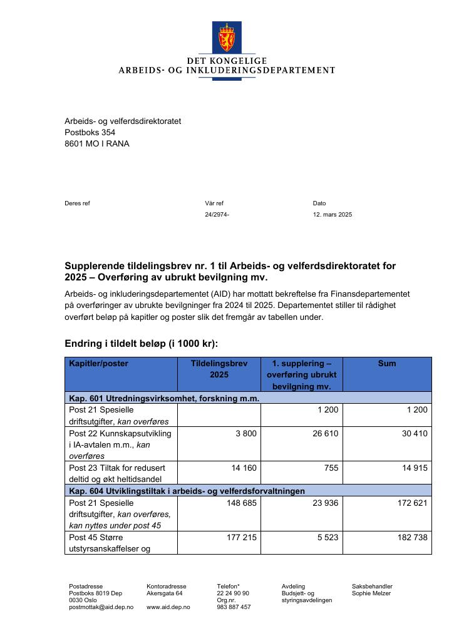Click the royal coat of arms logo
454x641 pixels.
click(x=227, y=38)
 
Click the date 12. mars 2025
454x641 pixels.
click(x=332, y=215)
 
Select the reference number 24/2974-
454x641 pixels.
click(x=217, y=215)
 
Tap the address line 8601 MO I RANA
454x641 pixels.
click(x=97, y=143)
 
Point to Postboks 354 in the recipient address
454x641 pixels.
click(x=90, y=132)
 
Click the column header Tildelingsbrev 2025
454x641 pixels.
click(x=219, y=369)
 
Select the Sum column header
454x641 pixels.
click(x=386, y=363)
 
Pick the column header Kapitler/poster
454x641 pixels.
click(x=98, y=363)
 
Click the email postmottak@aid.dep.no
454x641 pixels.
click(x=101, y=607)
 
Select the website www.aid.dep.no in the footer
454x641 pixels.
click(x=168, y=607)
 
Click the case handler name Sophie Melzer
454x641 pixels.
click(x=372, y=593)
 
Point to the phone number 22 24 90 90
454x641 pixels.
click(x=233, y=593)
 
